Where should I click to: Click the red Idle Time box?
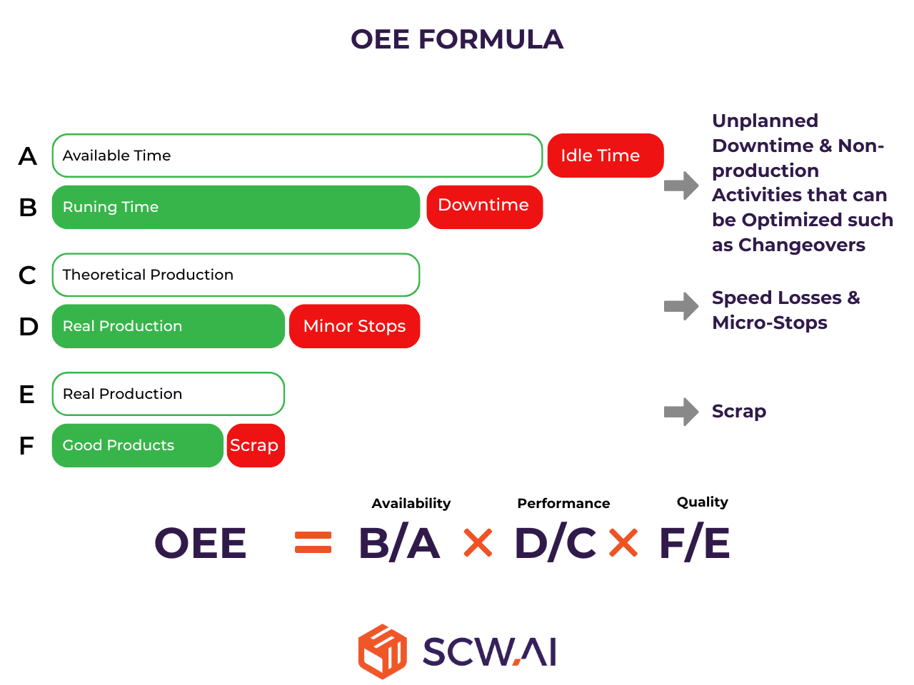(x=605, y=156)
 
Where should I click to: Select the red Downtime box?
(x=484, y=207)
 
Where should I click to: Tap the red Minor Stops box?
(x=354, y=326)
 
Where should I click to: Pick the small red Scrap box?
(x=256, y=445)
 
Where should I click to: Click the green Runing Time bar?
(x=236, y=207)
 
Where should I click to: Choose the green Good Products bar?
(x=137, y=445)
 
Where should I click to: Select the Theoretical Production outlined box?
(x=236, y=275)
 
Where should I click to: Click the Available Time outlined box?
(x=297, y=156)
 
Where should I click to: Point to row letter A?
(x=28, y=156)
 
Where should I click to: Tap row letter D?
(x=29, y=327)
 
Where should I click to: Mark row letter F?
(x=26, y=446)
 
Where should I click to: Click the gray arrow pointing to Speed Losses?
(x=681, y=307)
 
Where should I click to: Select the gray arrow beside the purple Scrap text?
(x=681, y=412)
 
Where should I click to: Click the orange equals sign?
(x=313, y=542)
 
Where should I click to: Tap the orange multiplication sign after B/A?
(x=478, y=542)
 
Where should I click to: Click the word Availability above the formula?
(x=411, y=504)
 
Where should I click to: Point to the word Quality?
(x=703, y=502)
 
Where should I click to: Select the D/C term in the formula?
(x=556, y=542)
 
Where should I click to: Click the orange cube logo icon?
(x=382, y=651)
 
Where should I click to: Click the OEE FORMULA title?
(x=457, y=39)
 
